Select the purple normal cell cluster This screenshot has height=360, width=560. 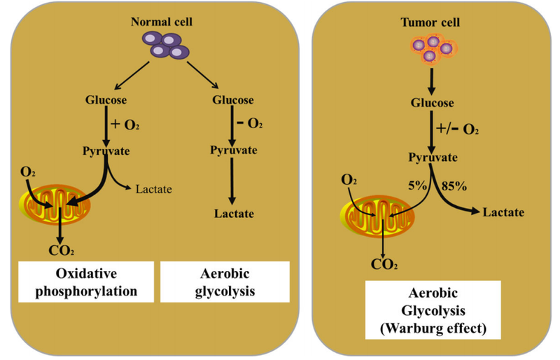(x=162, y=46)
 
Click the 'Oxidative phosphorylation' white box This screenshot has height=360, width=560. (x=85, y=282)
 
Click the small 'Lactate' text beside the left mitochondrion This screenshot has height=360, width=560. (x=153, y=188)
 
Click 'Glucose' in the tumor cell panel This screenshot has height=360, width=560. (x=431, y=103)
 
